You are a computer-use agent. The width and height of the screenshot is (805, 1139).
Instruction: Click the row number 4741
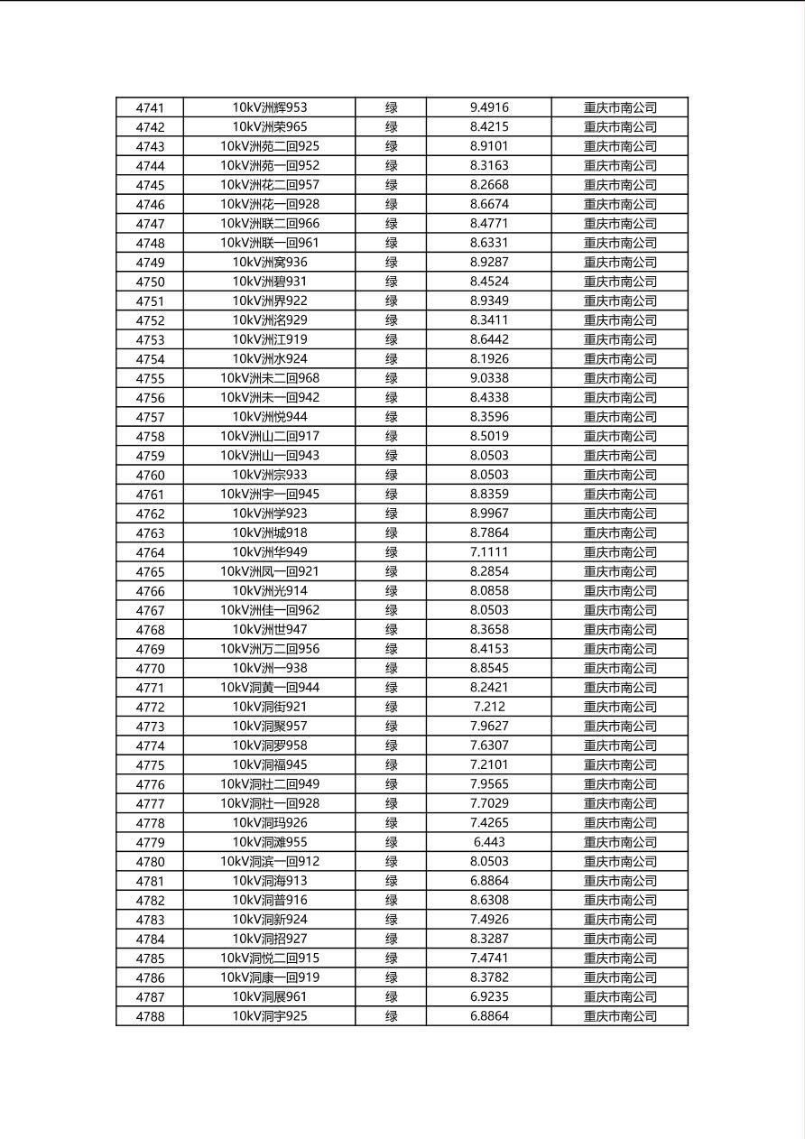click(150, 107)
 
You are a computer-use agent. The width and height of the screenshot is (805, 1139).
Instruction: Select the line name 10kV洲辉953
click(270, 107)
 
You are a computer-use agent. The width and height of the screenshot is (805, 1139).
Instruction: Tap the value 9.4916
click(489, 107)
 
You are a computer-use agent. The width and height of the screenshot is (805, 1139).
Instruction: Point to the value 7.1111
click(489, 552)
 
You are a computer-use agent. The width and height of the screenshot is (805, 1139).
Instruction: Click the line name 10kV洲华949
click(270, 552)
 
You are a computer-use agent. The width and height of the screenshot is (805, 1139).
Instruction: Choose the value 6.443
click(489, 842)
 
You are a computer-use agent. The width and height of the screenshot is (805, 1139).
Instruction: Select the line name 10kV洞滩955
click(270, 842)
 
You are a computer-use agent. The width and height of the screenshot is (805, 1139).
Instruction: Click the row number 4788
click(150, 1016)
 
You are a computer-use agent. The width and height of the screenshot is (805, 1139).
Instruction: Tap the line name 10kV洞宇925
click(270, 1016)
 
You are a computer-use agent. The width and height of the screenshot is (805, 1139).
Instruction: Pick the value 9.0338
click(489, 378)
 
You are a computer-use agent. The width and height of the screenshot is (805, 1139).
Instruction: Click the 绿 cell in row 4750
click(391, 282)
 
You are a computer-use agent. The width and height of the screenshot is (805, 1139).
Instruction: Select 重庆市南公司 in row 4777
click(620, 803)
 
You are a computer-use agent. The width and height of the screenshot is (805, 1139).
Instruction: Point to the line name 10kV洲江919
click(270, 339)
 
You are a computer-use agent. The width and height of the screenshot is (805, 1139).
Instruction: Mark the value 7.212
click(489, 707)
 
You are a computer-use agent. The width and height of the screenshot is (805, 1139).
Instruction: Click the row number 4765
click(150, 571)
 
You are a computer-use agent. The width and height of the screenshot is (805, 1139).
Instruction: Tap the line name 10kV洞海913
click(270, 881)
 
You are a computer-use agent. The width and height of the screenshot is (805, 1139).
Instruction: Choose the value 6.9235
click(489, 996)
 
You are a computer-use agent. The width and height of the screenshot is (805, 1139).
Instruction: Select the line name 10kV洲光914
click(270, 591)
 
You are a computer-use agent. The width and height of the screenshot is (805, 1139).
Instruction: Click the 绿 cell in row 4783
click(391, 920)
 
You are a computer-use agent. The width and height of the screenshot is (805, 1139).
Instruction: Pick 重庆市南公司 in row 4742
click(620, 127)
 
